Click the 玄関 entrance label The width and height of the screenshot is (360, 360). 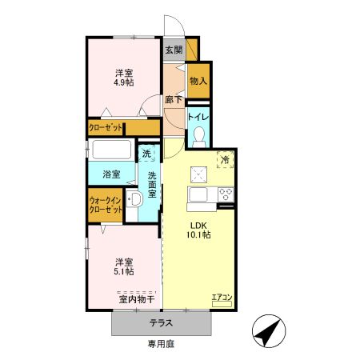coord(174,50)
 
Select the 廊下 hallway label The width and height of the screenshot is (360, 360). coord(174,100)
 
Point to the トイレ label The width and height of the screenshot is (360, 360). coord(198,116)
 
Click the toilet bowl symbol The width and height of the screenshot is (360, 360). coord(199,135)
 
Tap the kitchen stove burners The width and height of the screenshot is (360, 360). coord(225,194)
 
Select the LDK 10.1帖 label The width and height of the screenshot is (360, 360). coord(199,230)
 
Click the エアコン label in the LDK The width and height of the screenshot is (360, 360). coord(222,298)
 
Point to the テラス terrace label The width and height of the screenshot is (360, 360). coord(162,324)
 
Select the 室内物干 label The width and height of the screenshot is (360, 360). coord(136,300)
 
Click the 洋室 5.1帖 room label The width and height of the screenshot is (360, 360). coord(122,266)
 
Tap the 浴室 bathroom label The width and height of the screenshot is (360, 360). coord(111,174)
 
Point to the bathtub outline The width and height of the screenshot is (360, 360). coord(112,150)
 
